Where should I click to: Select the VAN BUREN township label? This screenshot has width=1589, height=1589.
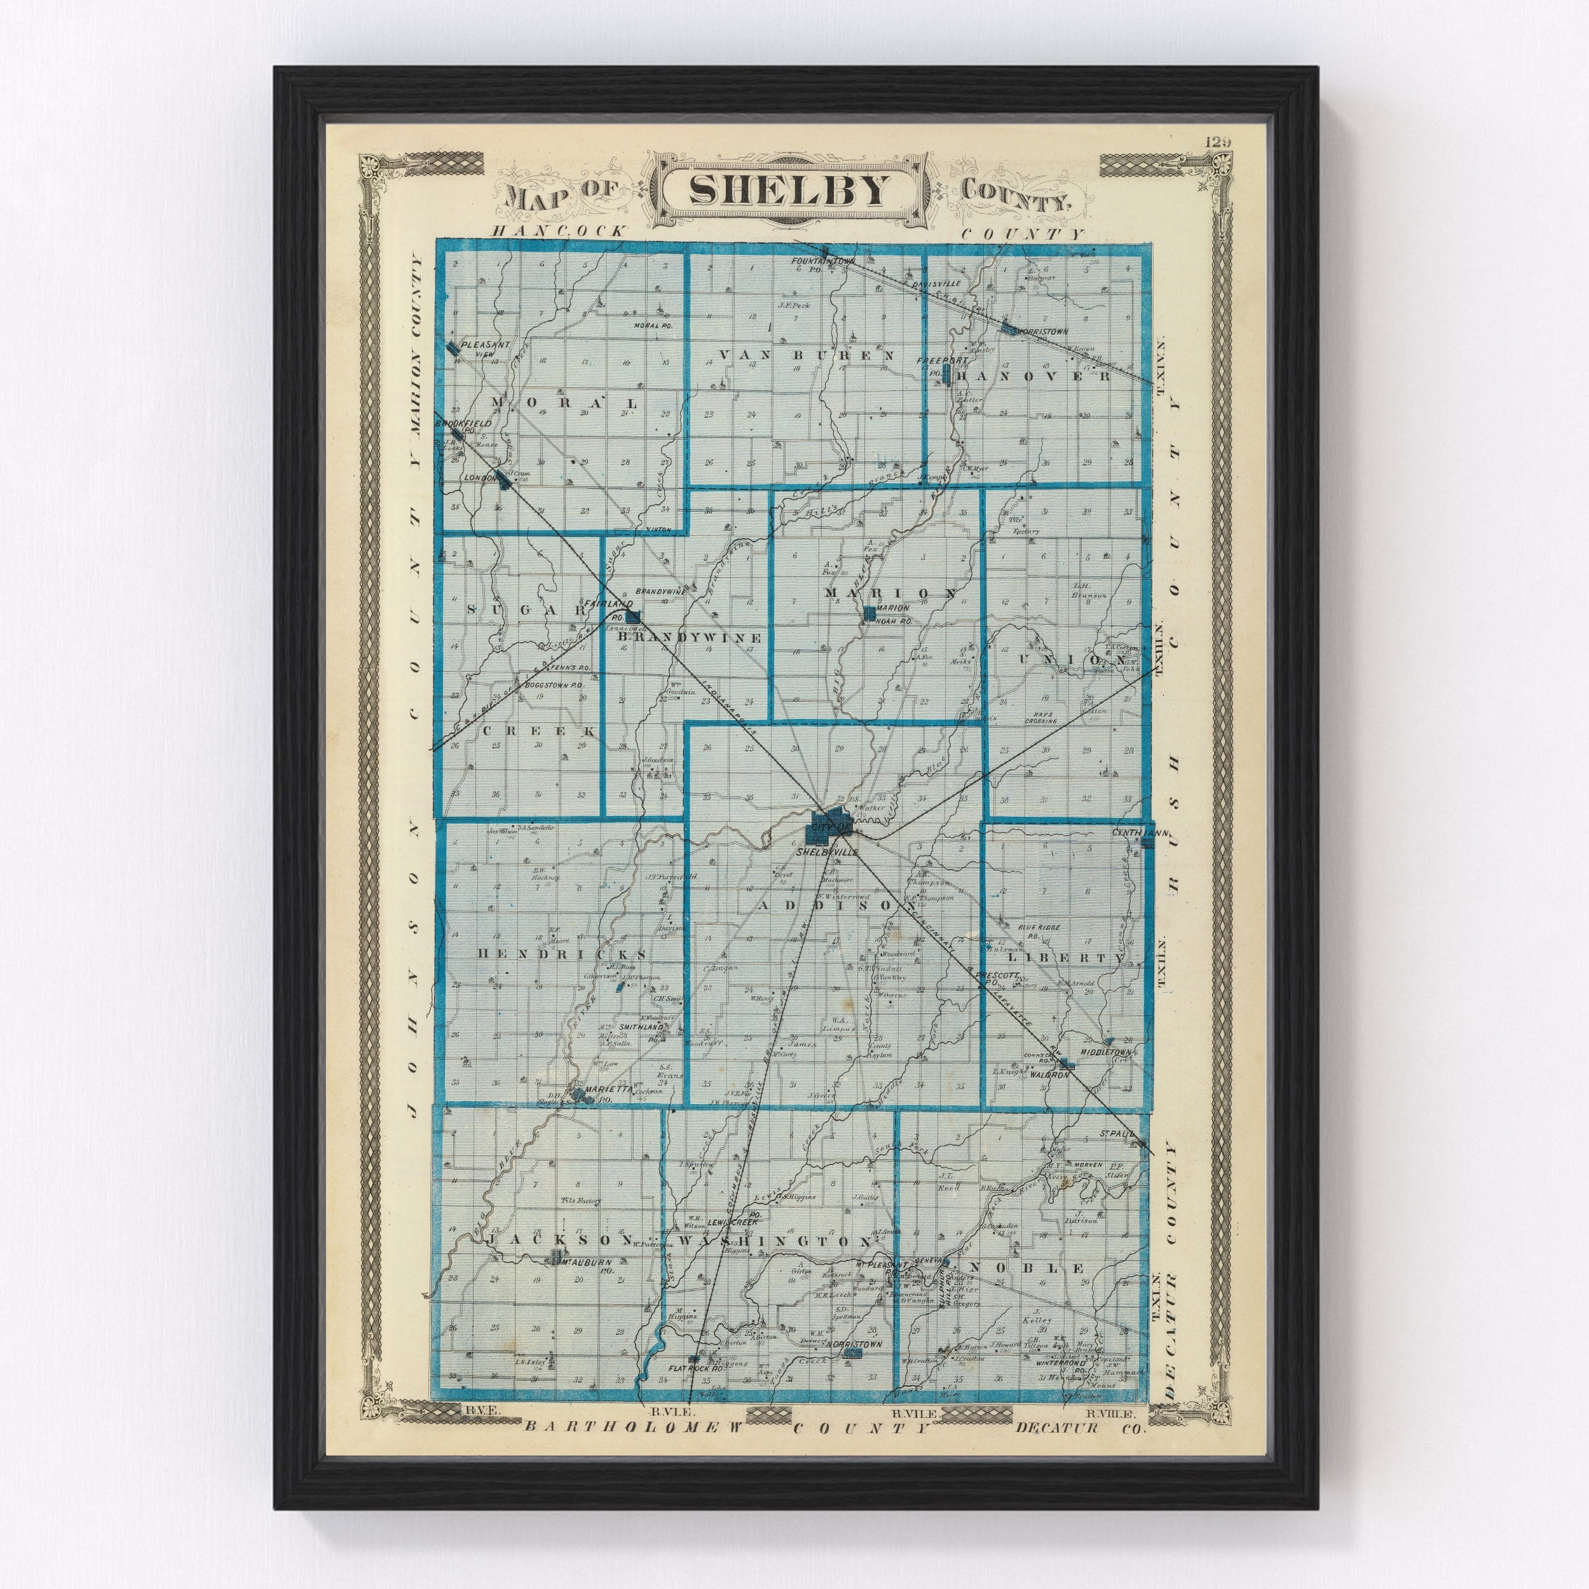coord(805,355)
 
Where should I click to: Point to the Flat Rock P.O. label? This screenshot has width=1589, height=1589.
coord(695,1370)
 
